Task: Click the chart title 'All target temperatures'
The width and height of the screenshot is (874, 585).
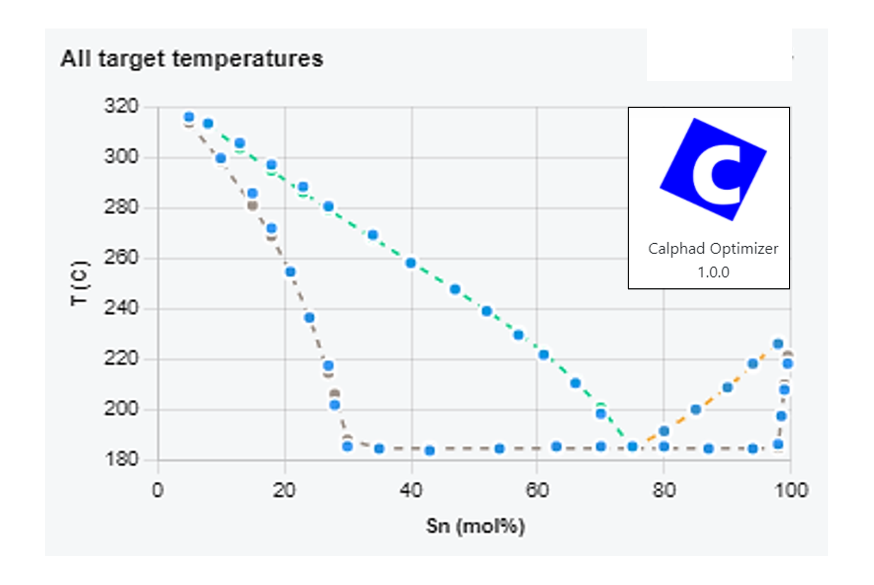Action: [x=192, y=59]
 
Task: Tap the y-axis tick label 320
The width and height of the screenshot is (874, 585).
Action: [x=121, y=106]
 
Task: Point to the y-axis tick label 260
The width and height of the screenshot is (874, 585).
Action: [x=121, y=257]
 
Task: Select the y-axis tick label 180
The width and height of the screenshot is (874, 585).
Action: [x=121, y=459]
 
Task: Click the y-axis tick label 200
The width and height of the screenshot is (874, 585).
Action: [x=121, y=409]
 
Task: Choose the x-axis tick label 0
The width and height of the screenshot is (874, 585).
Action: [x=158, y=490]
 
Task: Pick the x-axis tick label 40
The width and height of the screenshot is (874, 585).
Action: [x=411, y=490]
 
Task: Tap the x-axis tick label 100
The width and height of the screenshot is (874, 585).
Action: [x=791, y=490]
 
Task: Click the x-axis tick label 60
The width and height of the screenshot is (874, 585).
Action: [x=537, y=490]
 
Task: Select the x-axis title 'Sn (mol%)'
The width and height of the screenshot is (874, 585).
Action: [x=475, y=526]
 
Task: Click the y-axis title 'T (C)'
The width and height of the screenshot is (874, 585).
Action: [x=80, y=283]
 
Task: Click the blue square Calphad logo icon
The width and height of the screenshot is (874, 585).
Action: [x=713, y=169]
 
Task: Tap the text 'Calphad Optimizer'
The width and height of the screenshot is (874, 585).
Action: [x=713, y=249]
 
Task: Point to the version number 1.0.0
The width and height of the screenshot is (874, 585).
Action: [x=713, y=272]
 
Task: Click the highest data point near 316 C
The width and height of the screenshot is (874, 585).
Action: [x=189, y=117]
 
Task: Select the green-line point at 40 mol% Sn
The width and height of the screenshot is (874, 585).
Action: [x=411, y=263]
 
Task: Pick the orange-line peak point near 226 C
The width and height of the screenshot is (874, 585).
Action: [x=778, y=344]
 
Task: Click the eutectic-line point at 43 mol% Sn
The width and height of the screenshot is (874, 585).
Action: [x=430, y=450]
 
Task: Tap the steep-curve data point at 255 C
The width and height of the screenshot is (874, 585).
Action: [x=291, y=272]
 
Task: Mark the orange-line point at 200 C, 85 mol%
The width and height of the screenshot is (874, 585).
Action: [x=696, y=409]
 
